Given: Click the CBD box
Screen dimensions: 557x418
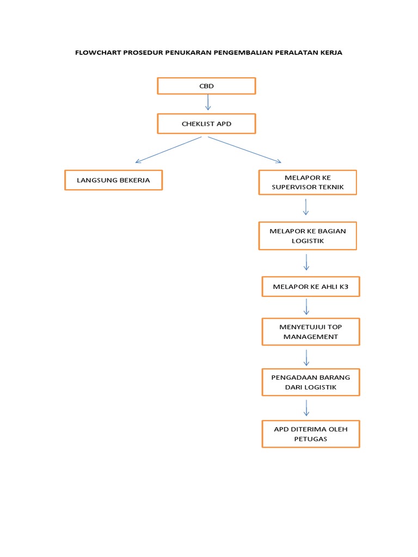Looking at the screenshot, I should click(x=206, y=86).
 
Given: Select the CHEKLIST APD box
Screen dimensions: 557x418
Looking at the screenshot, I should click(x=206, y=124).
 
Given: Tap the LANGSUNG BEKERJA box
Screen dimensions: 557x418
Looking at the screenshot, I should click(x=113, y=180).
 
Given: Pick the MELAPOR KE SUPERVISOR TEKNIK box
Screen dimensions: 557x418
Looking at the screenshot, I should click(x=308, y=183).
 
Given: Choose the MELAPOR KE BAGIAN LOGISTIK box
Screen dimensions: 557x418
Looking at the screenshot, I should click(x=308, y=236).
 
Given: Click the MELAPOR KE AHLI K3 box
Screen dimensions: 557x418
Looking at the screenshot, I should click(x=311, y=286).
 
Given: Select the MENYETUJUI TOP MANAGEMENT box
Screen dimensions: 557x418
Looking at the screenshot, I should click(x=311, y=331).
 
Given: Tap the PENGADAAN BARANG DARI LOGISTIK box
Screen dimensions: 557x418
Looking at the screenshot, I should click(x=311, y=382).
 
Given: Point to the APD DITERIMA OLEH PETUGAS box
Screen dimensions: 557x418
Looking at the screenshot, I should click(x=311, y=434).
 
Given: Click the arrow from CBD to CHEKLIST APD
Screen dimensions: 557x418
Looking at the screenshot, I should click(x=208, y=103).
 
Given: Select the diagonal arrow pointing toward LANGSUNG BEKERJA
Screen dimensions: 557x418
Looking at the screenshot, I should click(x=168, y=150).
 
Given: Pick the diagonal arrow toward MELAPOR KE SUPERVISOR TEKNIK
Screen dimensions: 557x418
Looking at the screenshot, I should click(x=244, y=150).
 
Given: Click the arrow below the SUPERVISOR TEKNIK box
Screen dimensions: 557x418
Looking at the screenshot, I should click(x=306, y=207).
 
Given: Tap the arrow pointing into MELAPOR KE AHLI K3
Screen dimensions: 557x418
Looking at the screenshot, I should click(x=306, y=262).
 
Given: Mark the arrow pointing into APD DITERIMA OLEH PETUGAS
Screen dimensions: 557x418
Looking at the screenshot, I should click(x=306, y=408).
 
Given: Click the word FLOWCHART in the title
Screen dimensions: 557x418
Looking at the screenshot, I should click(x=98, y=53).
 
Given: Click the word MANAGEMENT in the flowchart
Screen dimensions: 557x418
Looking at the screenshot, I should click(x=311, y=337).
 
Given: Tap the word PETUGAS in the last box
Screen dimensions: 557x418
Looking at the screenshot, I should click(x=311, y=439).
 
